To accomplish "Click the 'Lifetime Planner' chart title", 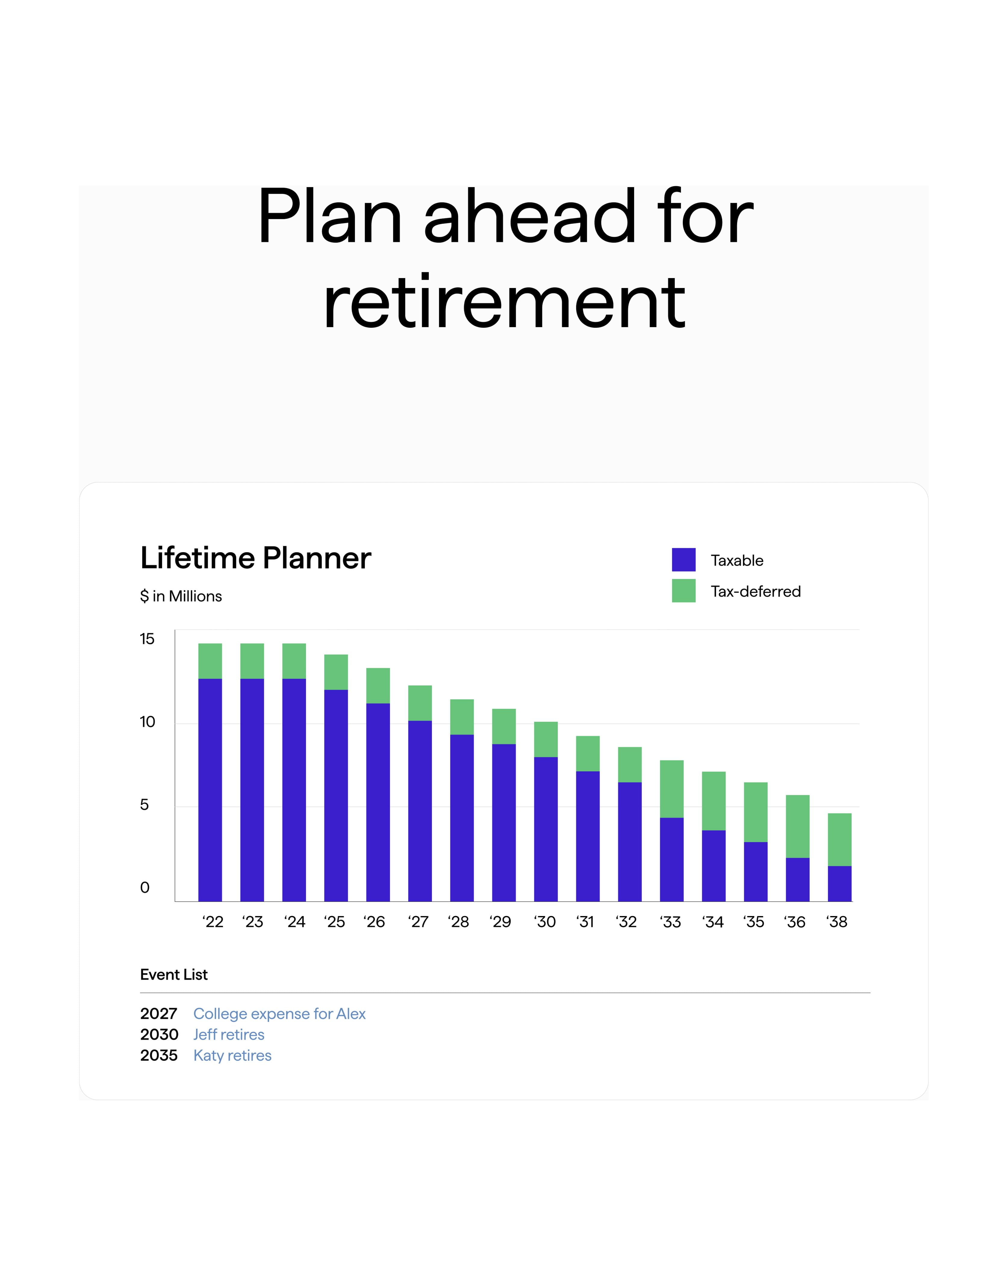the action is point(256,558).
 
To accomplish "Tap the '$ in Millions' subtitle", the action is point(181,596).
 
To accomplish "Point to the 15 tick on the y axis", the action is point(147,639).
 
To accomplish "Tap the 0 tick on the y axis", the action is point(145,887).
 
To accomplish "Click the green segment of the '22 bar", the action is point(210,661).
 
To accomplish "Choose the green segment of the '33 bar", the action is point(672,789).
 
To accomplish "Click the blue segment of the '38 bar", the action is point(840,884).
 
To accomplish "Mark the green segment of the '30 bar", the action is point(546,739).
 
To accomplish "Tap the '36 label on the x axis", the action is point(795,922).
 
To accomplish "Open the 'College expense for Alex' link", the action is point(280,1014).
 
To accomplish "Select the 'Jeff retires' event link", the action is point(229,1034).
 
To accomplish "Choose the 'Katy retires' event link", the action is point(232,1056).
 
